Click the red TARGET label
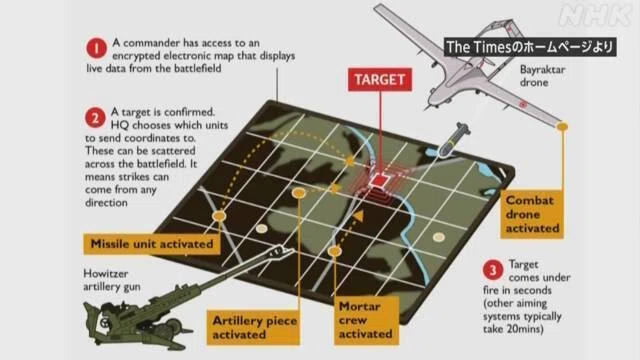[x=380, y=79]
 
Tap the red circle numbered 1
[x=96, y=49]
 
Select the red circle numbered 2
[x=95, y=118]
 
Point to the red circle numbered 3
[x=493, y=270]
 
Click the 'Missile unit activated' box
[x=152, y=244]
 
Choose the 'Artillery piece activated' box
[x=253, y=327]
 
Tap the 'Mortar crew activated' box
[x=366, y=320]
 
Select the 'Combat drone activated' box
[x=532, y=214]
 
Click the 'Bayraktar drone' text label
[x=542, y=76]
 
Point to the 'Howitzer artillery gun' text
[x=112, y=280]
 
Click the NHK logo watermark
[x=596, y=16]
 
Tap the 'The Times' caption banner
[x=530, y=47]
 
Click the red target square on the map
[x=380, y=180]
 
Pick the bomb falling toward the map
[x=453, y=139]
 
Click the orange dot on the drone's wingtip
[x=562, y=127]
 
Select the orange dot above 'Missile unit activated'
[x=219, y=216]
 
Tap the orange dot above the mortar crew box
[x=335, y=251]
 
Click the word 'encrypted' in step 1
[x=136, y=56]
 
